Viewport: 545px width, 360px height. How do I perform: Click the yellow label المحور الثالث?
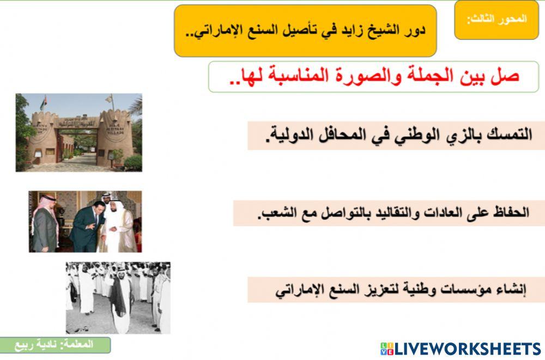496,20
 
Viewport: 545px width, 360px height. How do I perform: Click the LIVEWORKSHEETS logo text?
467,349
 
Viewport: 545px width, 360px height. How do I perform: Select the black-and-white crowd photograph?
118,297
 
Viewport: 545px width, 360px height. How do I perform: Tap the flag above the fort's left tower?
44,100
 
